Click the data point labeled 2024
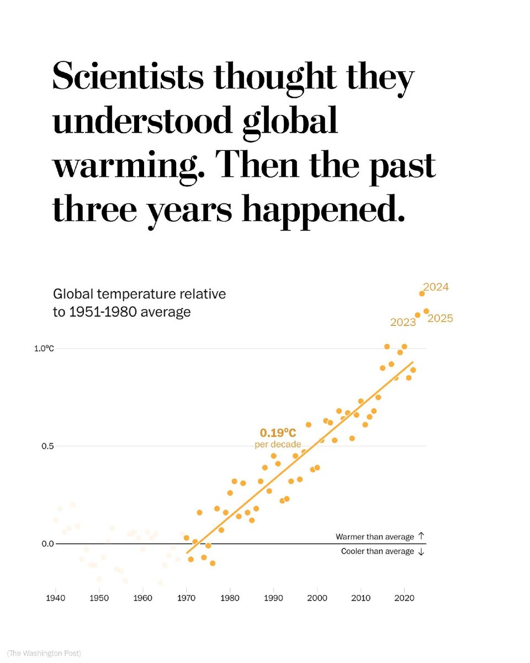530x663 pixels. (422, 293)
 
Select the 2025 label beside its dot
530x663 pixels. (440, 318)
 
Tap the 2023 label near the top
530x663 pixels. (403, 322)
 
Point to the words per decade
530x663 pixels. (278, 444)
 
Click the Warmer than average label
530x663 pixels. (375, 536)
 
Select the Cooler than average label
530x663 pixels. (378, 551)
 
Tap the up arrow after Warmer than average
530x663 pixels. (421, 536)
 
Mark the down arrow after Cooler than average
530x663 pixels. (421, 551)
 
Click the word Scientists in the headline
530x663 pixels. (129, 78)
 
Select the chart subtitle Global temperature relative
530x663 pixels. (139, 294)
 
